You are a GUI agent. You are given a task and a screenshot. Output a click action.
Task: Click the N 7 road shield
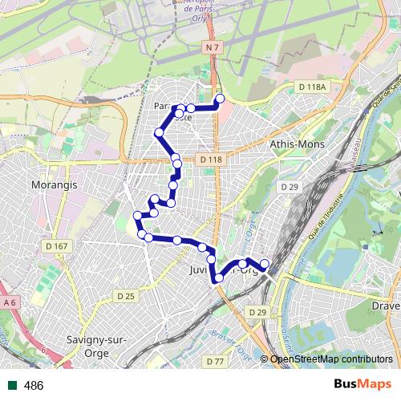212,49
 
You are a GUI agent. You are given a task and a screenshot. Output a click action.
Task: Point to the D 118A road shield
311,87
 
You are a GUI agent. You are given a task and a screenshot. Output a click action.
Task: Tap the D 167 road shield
57,246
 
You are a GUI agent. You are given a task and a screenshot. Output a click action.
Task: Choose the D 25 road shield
125,296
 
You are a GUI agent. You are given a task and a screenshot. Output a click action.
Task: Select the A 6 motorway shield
10,302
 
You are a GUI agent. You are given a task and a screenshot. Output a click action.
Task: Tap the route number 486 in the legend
34,386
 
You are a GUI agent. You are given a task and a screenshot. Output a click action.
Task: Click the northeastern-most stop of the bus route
219,99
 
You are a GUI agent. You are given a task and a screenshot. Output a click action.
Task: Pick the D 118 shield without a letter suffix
211,160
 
